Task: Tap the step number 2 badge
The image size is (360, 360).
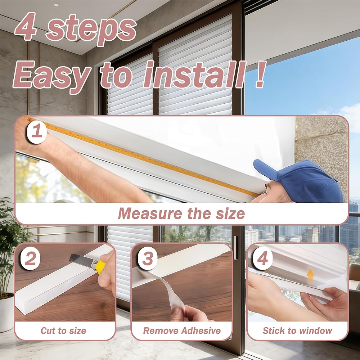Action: click(x=30, y=258)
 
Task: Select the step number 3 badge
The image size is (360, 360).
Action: click(x=147, y=259)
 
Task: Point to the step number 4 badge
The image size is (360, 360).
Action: click(x=263, y=258)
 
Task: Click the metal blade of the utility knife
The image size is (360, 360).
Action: click(x=81, y=261)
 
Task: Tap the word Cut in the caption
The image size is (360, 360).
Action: click(x=48, y=331)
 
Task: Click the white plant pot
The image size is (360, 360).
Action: click(x=6, y=312)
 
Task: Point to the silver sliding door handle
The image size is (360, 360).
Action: click(x=235, y=248)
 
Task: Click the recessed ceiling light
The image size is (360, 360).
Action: click(x=57, y=5)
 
